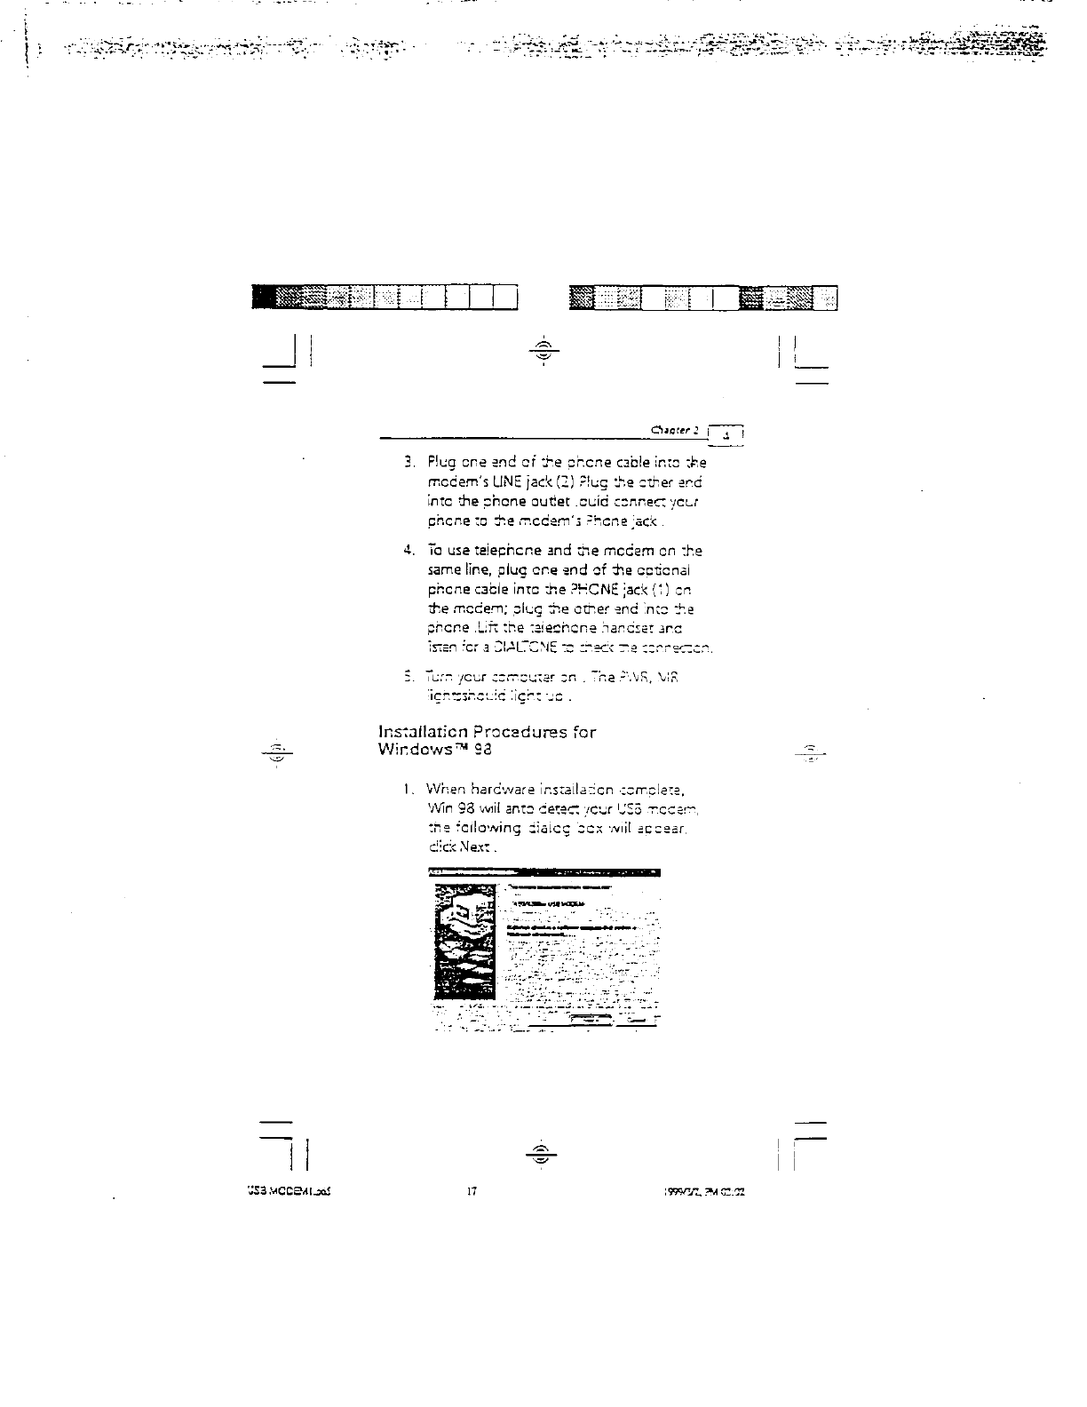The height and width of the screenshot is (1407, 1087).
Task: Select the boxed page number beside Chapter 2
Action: (728, 434)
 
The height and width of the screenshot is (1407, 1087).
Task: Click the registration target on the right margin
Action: (813, 751)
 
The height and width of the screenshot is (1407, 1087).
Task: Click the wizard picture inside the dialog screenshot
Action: (463, 946)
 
